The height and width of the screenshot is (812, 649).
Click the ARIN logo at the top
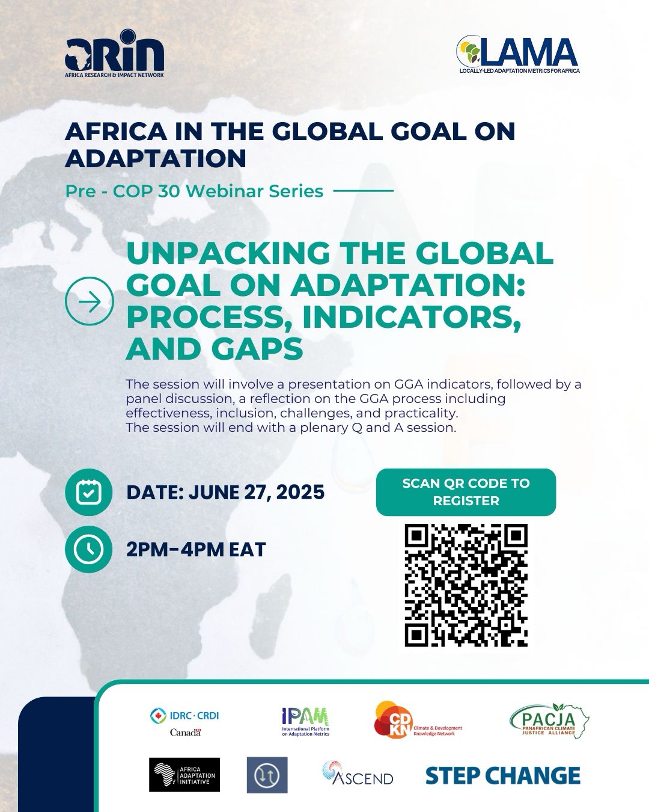pyautogui.click(x=114, y=54)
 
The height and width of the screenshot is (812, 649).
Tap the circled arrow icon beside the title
pyautogui.click(x=89, y=301)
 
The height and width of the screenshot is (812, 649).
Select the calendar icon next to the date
pyautogui.click(x=88, y=492)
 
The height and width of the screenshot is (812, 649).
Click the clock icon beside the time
pyautogui.click(x=88, y=549)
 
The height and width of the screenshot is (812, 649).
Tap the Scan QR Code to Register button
pyautogui.click(x=466, y=492)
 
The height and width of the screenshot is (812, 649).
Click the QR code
pyautogui.click(x=466, y=585)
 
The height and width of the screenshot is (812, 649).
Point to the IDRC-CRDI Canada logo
pyautogui.click(x=184, y=722)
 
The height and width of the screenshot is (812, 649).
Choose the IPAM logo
pyautogui.click(x=305, y=721)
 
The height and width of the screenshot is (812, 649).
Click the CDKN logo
pyautogui.click(x=418, y=720)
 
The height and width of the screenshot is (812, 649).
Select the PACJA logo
pyautogui.click(x=549, y=721)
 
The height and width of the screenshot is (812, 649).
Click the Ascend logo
pyautogui.click(x=358, y=773)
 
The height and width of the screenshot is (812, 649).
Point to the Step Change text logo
pyautogui.click(x=503, y=775)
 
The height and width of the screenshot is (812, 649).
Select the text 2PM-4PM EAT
pyautogui.click(x=196, y=549)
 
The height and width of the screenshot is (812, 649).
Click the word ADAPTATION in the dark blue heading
pyautogui.click(x=156, y=158)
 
